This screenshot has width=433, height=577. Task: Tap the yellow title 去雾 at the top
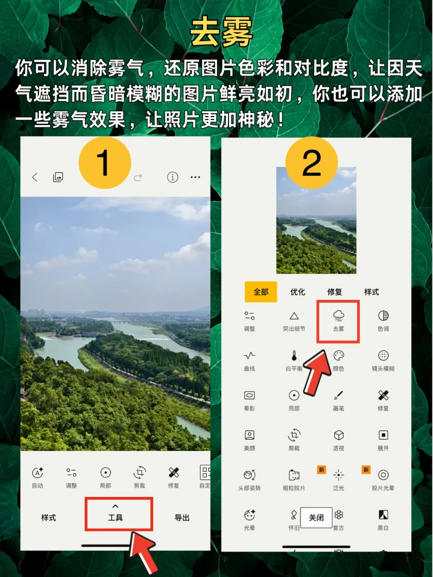[221, 32]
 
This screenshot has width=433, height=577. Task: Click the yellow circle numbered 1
[105, 163]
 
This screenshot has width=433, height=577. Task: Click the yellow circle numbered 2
[312, 163]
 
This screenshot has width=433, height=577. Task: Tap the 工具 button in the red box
[115, 517]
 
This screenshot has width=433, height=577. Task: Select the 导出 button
[182, 518]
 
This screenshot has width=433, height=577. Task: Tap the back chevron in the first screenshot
[35, 177]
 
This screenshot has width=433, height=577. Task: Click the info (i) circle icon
[172, 177]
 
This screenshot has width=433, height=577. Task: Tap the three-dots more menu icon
[195, 177]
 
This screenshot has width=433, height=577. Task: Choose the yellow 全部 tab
[261, 292]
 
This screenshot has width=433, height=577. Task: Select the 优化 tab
[298, 292]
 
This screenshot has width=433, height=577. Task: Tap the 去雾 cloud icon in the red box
[338, 315]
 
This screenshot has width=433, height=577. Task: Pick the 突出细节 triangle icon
[294, 316]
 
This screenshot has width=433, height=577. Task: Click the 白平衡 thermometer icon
[294, 356]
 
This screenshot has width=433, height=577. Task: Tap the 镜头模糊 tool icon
[383, 356]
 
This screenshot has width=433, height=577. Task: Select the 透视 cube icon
[339, 435]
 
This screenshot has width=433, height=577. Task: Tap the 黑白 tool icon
[383, 515]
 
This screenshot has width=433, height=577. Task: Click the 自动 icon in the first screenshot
[38, 472]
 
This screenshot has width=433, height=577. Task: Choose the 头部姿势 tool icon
[249, 475]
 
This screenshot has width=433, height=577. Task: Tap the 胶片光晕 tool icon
[383, 475]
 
